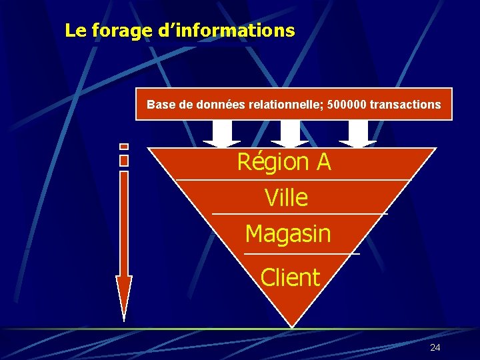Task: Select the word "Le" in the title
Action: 75,31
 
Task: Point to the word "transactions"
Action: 403,105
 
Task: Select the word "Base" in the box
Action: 160,105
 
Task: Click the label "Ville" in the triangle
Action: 286,198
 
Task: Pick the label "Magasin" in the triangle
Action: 287,234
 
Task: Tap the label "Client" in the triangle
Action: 290,277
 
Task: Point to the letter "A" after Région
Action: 323,162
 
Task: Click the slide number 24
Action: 435,347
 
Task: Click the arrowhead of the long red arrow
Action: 124,297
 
